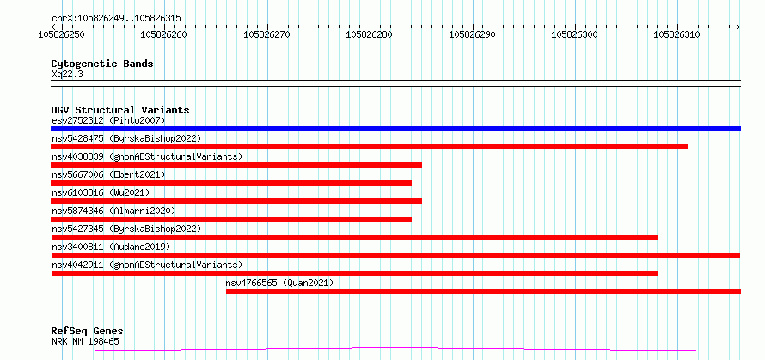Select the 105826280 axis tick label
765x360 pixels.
(x=370, y=34)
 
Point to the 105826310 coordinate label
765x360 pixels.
(x=677, y=34)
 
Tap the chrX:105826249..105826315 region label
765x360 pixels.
(x=116, y=19)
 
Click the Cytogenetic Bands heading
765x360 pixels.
(x=102, y=64)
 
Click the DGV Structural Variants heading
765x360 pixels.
(x=120, y=110)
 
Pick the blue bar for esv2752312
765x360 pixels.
(x=395, y=129)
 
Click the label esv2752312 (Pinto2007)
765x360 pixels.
(x=108, y=120)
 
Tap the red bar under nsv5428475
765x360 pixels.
(x=370, y=147)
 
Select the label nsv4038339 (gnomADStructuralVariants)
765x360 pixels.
(x=147, y=156)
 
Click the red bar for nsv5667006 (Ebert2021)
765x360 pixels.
(x=231, y=183)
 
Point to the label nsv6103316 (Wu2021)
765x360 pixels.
(x=101, y=192)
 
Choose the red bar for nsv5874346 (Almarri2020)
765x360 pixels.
(x=231, y=219)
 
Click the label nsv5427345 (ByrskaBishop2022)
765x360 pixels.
(x=126, y=229)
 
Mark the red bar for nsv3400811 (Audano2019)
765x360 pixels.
(x=395, y=255)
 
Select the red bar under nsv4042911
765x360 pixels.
(x=354, y=273)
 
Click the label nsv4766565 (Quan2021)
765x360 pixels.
(x=279, y=283)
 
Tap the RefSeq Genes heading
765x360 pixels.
(x=88, y=332)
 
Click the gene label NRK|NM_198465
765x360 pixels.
(x=85, y=341)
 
